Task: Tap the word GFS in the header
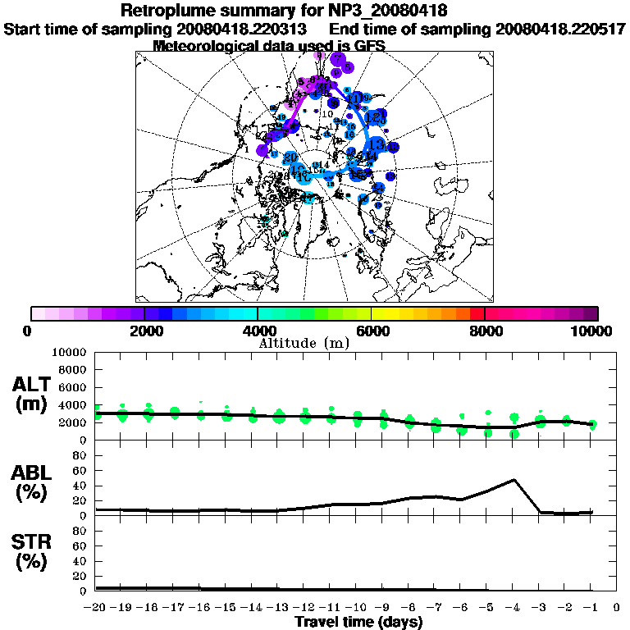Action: pos(369,46)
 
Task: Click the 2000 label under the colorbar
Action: pos(144,331)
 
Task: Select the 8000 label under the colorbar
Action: pos(485,331)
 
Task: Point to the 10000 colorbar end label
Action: pos(592,331)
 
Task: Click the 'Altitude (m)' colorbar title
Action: pos(304,343)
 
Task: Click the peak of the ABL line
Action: pos(514,480)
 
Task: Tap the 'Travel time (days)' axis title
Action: pos(358,622)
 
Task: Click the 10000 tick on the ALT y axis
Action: pos(70,353)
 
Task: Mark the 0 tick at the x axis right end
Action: pos(617,608)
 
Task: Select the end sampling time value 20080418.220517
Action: pos(560,29)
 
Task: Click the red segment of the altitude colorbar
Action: pos(477,313)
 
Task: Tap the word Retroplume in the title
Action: pos(163,11)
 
